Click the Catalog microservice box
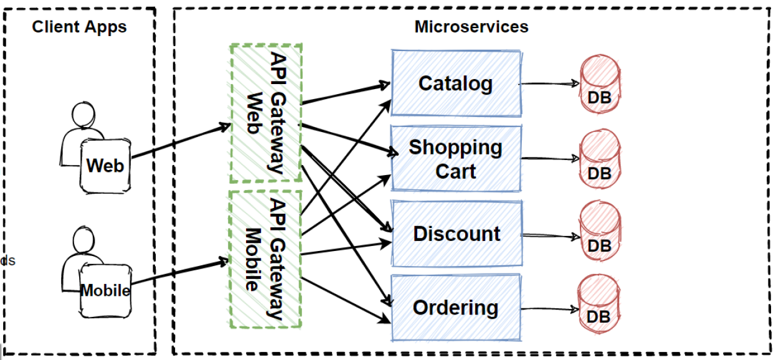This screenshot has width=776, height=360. click(455, 83)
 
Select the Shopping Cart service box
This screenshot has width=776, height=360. click(455, 158)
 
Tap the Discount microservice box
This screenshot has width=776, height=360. click(455, 234)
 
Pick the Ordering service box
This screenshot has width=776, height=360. click(455, 308)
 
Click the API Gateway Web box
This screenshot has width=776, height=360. click(265, 112)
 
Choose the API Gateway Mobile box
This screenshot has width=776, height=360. click(265, 259)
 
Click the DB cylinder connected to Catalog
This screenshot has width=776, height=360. click(600, 85)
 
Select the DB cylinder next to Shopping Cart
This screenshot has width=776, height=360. click(600, 159)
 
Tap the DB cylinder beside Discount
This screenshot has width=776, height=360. click(600, 234)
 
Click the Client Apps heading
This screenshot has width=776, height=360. click(79, 27)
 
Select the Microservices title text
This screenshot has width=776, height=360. click(471, 27)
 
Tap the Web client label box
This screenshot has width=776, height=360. click(105, 164)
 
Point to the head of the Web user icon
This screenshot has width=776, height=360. click(83, 115)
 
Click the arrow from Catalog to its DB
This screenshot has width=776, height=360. click(549, 83)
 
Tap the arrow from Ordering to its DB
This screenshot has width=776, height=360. click(549, 308)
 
